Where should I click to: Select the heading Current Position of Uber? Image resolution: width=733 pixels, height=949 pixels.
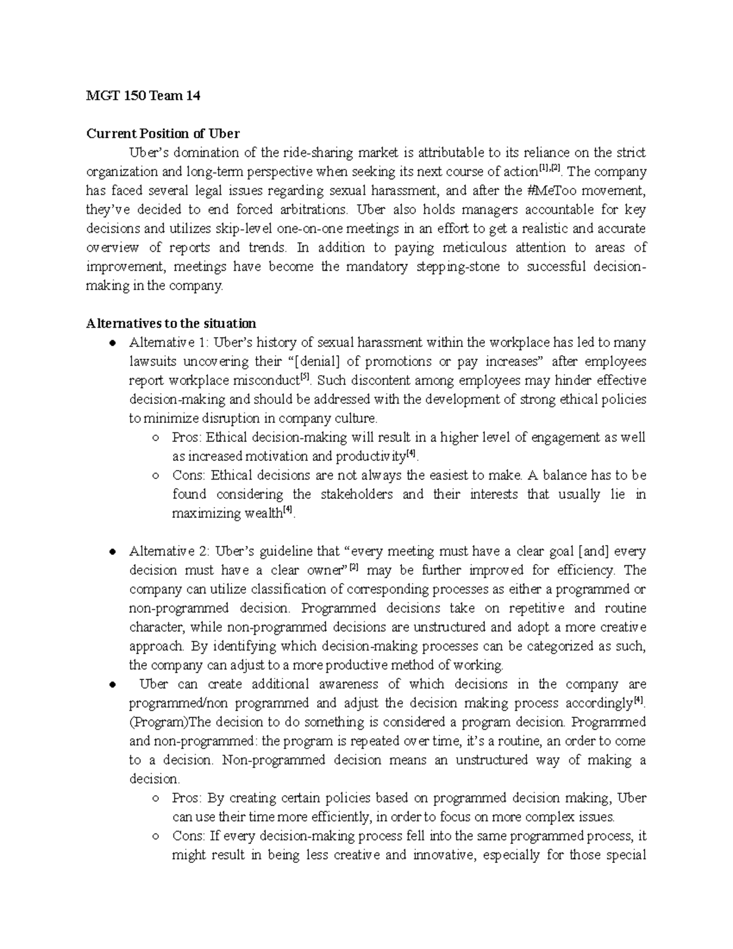tap(163, 134)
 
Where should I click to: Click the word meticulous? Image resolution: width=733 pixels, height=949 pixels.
tap(468, 247)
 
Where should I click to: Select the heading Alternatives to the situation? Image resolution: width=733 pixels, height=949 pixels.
tap(171, 323)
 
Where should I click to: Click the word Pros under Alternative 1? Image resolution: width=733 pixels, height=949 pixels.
tap(186, 438)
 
